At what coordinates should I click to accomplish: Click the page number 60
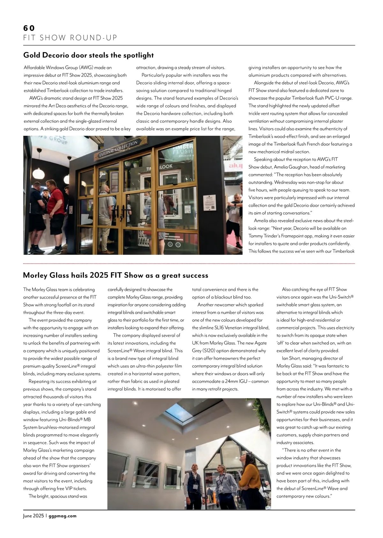[29, 28]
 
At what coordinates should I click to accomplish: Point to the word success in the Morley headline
[195, 275]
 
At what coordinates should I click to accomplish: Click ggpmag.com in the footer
[63, 516]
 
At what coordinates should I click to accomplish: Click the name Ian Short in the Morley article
[293, 358]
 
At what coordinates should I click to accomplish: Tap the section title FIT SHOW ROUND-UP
[71, 38]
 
